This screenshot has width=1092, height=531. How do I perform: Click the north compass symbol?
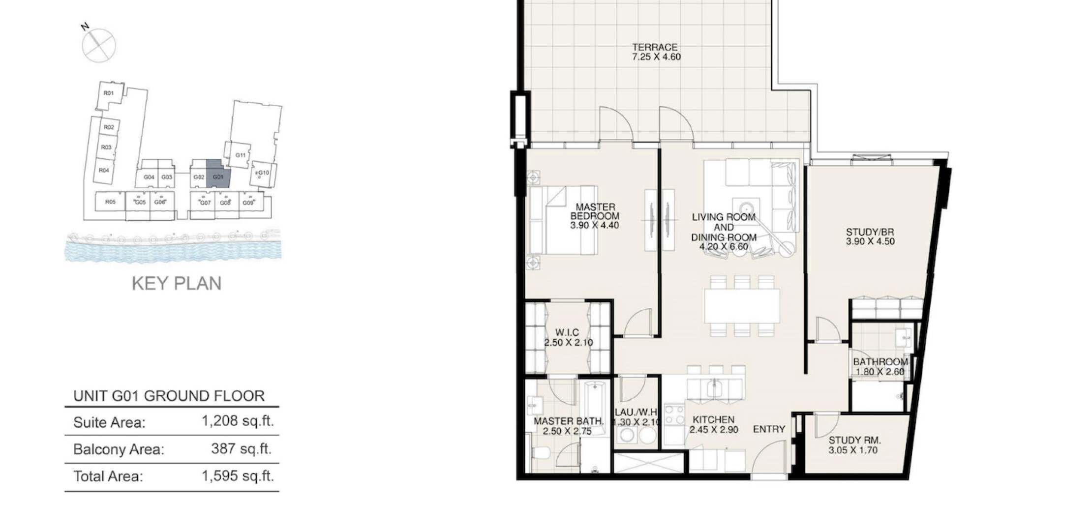tap(99, 45)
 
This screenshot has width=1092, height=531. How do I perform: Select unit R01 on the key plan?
tap(109, 93)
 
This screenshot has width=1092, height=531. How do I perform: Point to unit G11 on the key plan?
tap(240, 155)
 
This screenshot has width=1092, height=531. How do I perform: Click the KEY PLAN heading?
tap(177, 284)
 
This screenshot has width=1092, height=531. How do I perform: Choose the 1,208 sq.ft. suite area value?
tap(238, 421)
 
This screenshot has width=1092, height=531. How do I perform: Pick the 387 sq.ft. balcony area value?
tap(241, 449)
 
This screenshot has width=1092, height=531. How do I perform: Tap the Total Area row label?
tap(108, 476)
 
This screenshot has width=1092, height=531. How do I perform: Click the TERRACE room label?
tap(655, 47)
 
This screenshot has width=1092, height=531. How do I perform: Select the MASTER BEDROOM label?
tap(595, 211)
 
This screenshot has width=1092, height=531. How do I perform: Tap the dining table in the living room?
tap(742, 305)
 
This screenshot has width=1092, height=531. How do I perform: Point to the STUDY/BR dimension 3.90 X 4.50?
tap(870, 241)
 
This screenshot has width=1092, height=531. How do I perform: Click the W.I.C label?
tap(567, 333)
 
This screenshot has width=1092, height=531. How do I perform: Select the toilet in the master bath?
tap(538, 452)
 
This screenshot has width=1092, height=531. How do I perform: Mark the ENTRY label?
tap(769, 429)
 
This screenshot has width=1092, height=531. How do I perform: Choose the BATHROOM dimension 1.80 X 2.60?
tap(880, 372)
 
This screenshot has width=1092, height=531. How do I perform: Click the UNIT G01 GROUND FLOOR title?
tap(169, 396)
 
